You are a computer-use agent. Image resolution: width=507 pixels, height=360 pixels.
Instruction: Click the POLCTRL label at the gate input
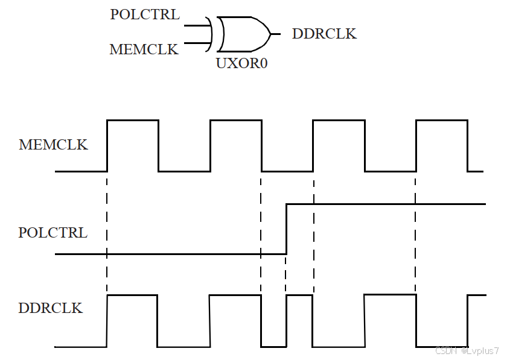[x=145, y=14]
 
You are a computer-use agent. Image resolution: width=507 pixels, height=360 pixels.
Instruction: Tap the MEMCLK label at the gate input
[x=144, y=49]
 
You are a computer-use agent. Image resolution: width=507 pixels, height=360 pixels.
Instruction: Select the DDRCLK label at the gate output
[x=324, y=34]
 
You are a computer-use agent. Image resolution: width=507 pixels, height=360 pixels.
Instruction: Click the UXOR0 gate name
[x=241, y=63]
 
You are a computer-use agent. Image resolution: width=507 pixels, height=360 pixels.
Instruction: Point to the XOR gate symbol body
[x=243, y=34]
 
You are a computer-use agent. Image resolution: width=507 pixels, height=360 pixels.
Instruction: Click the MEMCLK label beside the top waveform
[x=53, y=145]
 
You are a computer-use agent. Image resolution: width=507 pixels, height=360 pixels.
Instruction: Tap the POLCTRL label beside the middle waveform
[x=53, y=232]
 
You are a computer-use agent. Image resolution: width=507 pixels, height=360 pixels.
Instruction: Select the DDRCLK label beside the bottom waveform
[x=51, y=308]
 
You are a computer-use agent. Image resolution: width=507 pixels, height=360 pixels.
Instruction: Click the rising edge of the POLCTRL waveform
[x=286, y=229]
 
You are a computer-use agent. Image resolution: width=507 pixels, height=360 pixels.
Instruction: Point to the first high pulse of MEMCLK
[x=133, y=121]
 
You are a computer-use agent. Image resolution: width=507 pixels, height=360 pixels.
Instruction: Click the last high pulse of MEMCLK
[x=442, y=121]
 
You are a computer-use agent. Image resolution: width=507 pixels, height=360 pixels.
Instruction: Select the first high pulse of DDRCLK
[x=132, y=296]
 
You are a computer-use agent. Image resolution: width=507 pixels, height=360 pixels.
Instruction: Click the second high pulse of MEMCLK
[x=236, y=121]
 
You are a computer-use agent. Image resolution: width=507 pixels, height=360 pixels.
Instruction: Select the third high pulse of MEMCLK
[x=339, y=121]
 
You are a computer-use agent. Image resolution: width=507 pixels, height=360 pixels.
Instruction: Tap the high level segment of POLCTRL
[x=386, y=204]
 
